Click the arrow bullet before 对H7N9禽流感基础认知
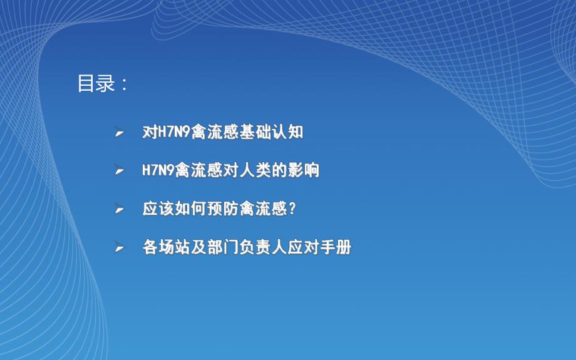pos(119,133)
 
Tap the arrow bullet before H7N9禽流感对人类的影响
pos(119,171)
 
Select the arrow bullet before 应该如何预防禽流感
pos(119,210)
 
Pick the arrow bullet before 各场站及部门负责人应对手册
pos(119,248)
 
